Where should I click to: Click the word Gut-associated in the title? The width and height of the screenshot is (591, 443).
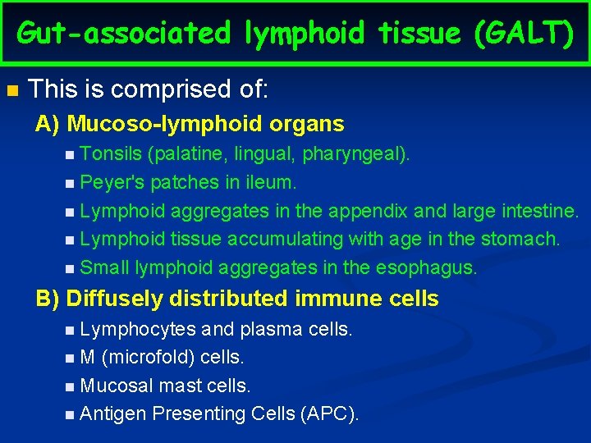click(124, 33)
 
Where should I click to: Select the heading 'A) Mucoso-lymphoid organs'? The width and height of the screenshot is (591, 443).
click(190, 125)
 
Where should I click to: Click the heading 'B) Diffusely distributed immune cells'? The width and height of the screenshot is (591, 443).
click(237, 299)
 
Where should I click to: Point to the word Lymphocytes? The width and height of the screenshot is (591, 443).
click(139, 329)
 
